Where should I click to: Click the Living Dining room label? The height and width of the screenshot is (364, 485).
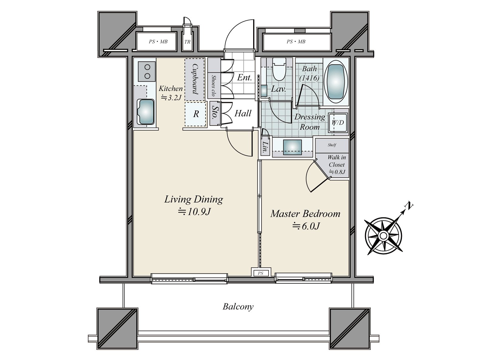pos(194,200)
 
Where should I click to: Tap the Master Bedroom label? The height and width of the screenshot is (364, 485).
pos(305,214)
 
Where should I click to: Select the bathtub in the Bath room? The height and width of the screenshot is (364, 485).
pos(336,82)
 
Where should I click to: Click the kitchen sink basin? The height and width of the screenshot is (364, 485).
pos(145,112)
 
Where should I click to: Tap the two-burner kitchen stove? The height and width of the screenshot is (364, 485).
pos(147,71)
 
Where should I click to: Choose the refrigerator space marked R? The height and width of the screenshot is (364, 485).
pos(196,114)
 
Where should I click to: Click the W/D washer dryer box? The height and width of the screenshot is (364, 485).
pos(338,123)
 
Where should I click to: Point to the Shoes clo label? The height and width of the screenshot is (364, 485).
pos(213,86)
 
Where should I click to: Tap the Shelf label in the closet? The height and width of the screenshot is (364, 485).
pos(332,145)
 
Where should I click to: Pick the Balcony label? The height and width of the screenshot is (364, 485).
pos(238,307)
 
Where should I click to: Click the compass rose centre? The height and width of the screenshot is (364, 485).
pos(383,236)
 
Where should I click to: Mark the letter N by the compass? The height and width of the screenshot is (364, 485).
pos(409,206)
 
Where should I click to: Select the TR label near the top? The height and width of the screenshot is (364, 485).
pos(187,42)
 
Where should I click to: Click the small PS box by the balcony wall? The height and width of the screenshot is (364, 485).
pos(261,273)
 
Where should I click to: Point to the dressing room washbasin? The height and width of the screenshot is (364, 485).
pos(292,147)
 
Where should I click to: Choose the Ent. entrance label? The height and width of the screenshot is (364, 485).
pos(244,78)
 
